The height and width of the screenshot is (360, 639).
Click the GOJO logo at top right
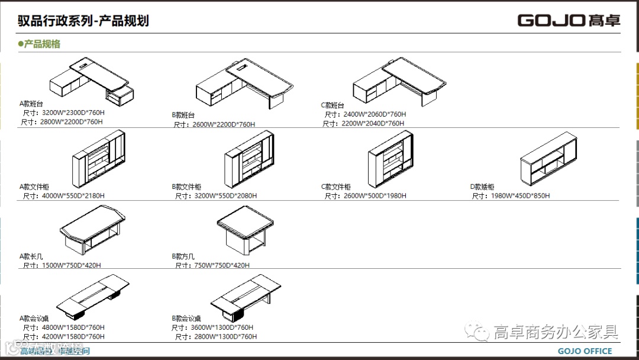569,20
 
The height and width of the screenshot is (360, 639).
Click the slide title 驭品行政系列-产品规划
83,21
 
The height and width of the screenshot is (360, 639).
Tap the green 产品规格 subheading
40,44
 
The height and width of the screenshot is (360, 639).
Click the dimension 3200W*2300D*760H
73,112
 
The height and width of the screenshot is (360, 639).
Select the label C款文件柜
335,187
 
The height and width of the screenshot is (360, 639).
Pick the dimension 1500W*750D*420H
71,265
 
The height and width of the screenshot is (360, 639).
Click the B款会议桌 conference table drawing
246,295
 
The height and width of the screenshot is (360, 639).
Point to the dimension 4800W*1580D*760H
73,327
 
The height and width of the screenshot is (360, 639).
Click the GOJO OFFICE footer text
585,351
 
